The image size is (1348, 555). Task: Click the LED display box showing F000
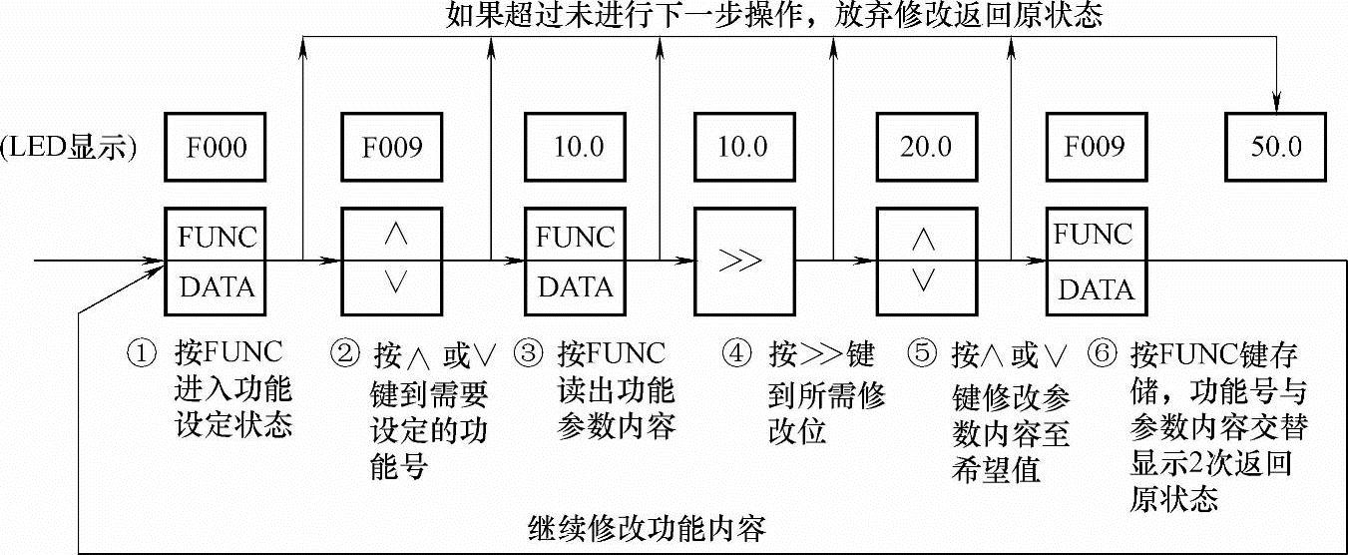pyautogui.click(x=217, y=148)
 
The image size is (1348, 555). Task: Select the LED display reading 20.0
pyautogui.click(x=925, y=148)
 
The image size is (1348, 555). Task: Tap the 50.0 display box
pyautogui.click(x=1277, y=148)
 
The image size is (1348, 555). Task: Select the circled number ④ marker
pyautogui.click(x=736, y=353)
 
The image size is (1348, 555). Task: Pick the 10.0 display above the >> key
pyautogui.click(x=743, y=148)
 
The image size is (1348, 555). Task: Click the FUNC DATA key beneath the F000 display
pyautogui.click(x=217, y=262)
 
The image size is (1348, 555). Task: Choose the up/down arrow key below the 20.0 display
pyautogui.click(x=925, y=262)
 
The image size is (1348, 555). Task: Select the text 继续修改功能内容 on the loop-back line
pyautogui.click(x=646, y=526)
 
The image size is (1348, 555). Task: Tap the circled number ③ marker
pyautogui.click(x=529, y=353)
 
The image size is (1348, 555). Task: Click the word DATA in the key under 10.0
pyautogui.click(x=576, y=287)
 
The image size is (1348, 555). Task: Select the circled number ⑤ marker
pyautogui.click(x=922, y=353)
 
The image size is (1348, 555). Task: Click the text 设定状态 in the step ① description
pyautogui.click(x=233, y=424)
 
